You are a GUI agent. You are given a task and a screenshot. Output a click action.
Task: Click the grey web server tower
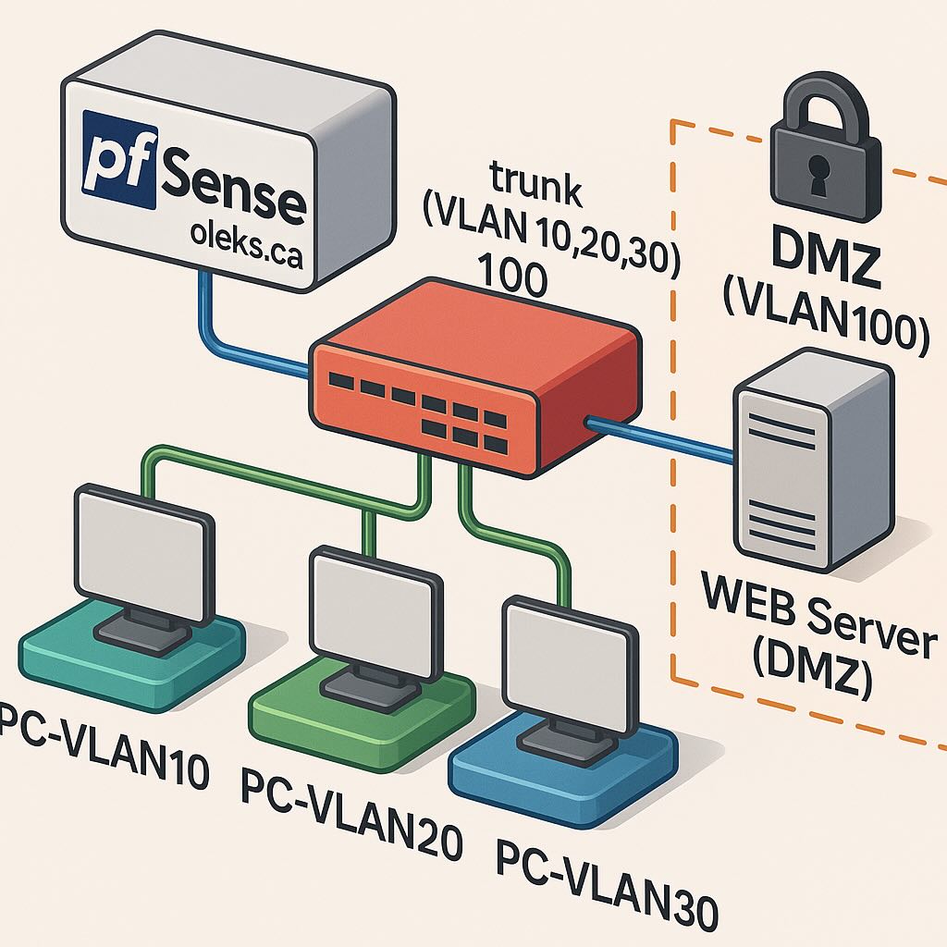pos(814,462)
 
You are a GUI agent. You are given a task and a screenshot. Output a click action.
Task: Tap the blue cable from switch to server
pos(666,439)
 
